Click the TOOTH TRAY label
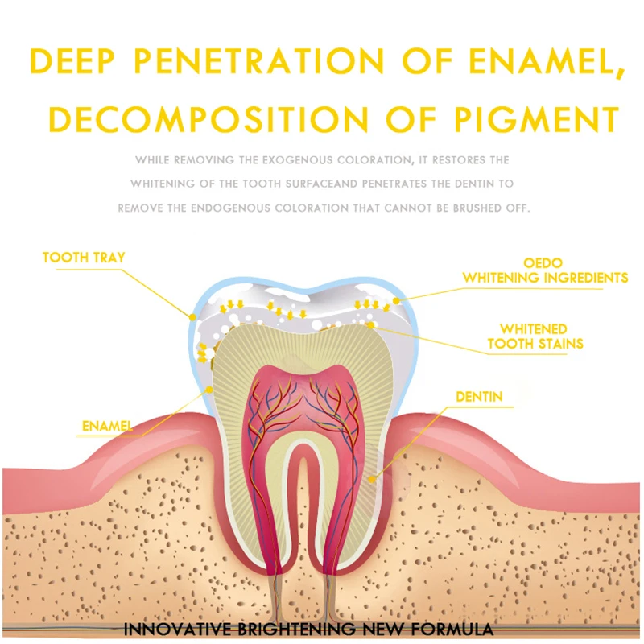tap(84, 258)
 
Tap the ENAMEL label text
tap(108, 424)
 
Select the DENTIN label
tap(479, 397)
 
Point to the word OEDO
tap(543, 263)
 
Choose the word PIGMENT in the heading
tap(543, 119)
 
